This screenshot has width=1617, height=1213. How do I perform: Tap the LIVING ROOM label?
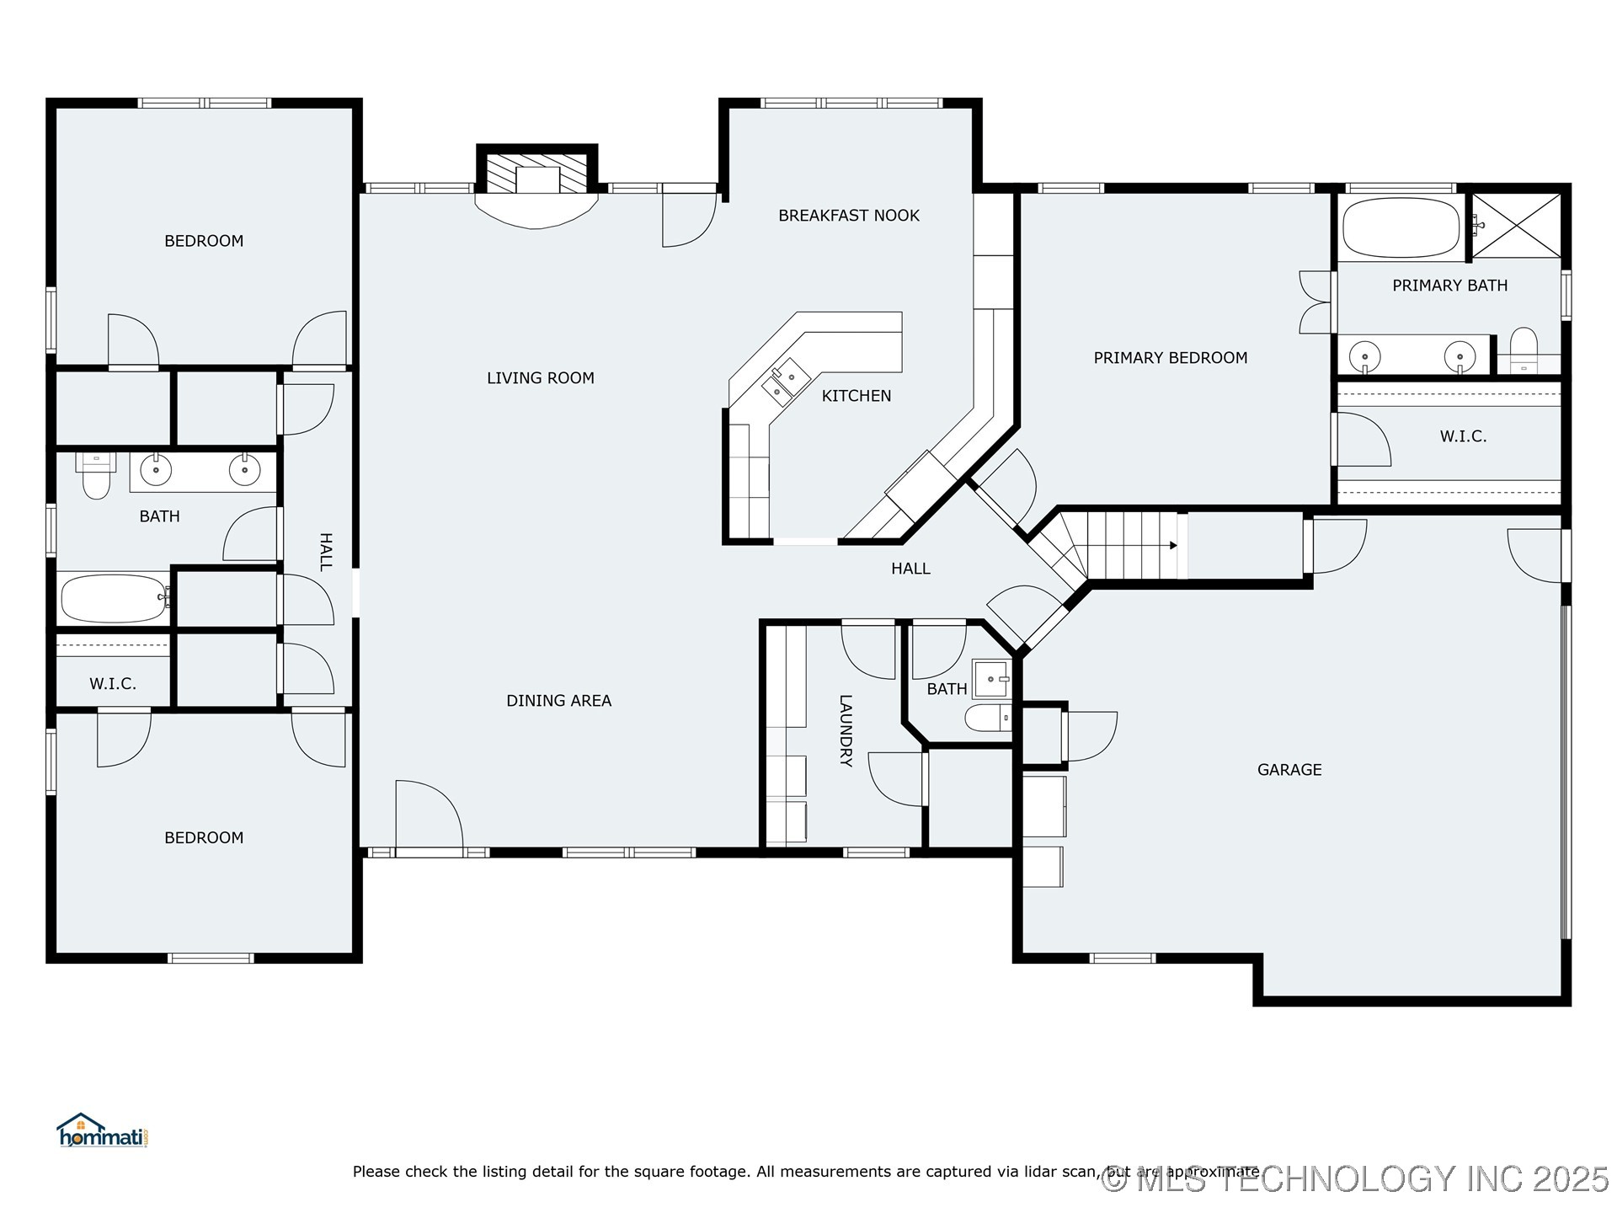(x=540, y=378)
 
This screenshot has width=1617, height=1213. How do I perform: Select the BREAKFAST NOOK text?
(x=848, y=216)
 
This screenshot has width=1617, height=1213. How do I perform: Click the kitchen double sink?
(x=785, y=381)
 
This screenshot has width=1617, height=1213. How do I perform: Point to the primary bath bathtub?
(x=1401, y=227)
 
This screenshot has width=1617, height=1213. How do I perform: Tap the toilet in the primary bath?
(x=1524, y=350)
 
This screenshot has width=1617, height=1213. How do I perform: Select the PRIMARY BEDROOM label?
(x=1170, y=358)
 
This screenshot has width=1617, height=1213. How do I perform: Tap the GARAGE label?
(x=1289, y=770)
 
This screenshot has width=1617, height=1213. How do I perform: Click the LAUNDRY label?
(x=846, y=730)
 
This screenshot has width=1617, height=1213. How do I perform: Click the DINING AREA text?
(x=558, y=701)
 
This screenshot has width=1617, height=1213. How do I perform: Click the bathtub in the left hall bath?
(x=114, y=598)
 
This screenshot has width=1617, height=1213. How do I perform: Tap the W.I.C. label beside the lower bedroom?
(x=113, y=684)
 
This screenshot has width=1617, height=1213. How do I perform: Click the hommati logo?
(x=102, y=1132)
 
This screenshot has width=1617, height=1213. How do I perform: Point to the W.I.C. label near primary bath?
(x=1463, y=436)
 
